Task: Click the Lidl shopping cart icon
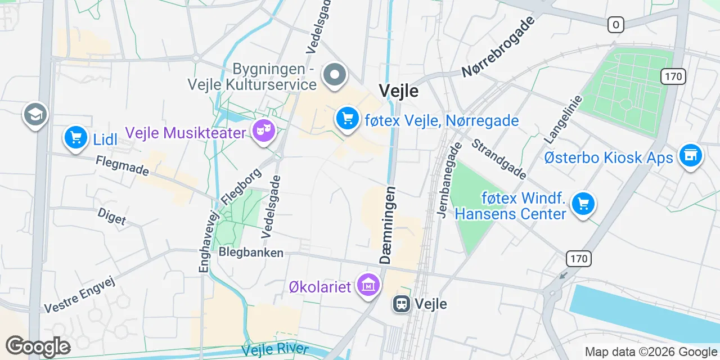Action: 75,137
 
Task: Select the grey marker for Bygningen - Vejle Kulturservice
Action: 335,75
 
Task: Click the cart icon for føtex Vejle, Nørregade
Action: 348,119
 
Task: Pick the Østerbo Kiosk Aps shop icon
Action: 690,155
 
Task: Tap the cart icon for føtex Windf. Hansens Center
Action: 583,204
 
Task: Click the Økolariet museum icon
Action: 368,285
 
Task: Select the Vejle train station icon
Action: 401,304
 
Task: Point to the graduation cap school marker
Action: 35,115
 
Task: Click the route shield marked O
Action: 616,25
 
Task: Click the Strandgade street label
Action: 499,159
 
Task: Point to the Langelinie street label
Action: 564,118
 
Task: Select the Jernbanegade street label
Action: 449,179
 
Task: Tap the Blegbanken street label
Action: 251,253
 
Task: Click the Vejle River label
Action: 275,349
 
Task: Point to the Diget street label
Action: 111,217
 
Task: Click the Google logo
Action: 38,347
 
